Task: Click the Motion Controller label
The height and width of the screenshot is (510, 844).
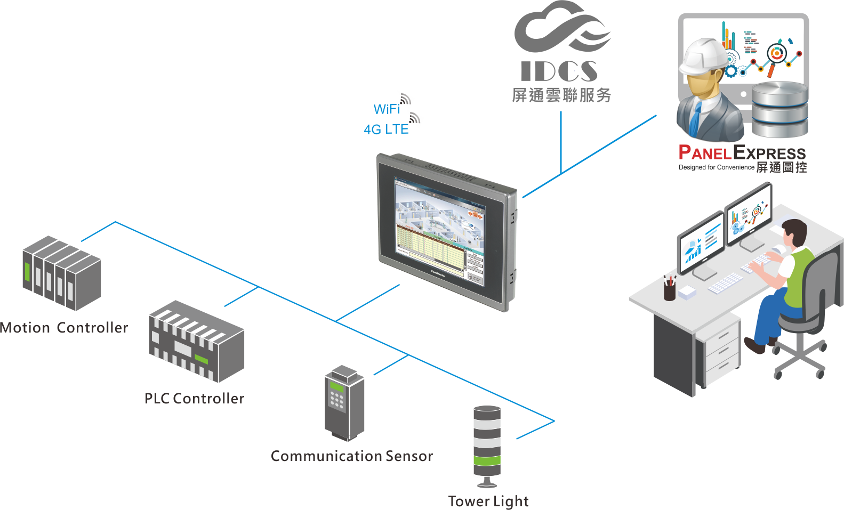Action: pos(64,327)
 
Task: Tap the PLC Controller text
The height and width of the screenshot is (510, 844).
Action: pos(194,398)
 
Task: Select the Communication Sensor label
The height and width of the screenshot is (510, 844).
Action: pos(351,456)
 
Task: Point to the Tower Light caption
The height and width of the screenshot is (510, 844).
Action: pos(488,501)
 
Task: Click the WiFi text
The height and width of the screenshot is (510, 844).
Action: pos(387,109)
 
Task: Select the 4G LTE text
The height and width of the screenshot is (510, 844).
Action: pos(386,129)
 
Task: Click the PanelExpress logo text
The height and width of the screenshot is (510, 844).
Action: pos(742,153)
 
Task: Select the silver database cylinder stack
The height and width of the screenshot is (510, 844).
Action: pos(779,109)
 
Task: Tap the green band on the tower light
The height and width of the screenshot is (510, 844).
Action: pos(487,460)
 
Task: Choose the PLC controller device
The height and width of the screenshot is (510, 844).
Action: pos(196,341)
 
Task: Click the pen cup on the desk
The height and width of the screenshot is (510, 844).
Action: pos(670,291)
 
